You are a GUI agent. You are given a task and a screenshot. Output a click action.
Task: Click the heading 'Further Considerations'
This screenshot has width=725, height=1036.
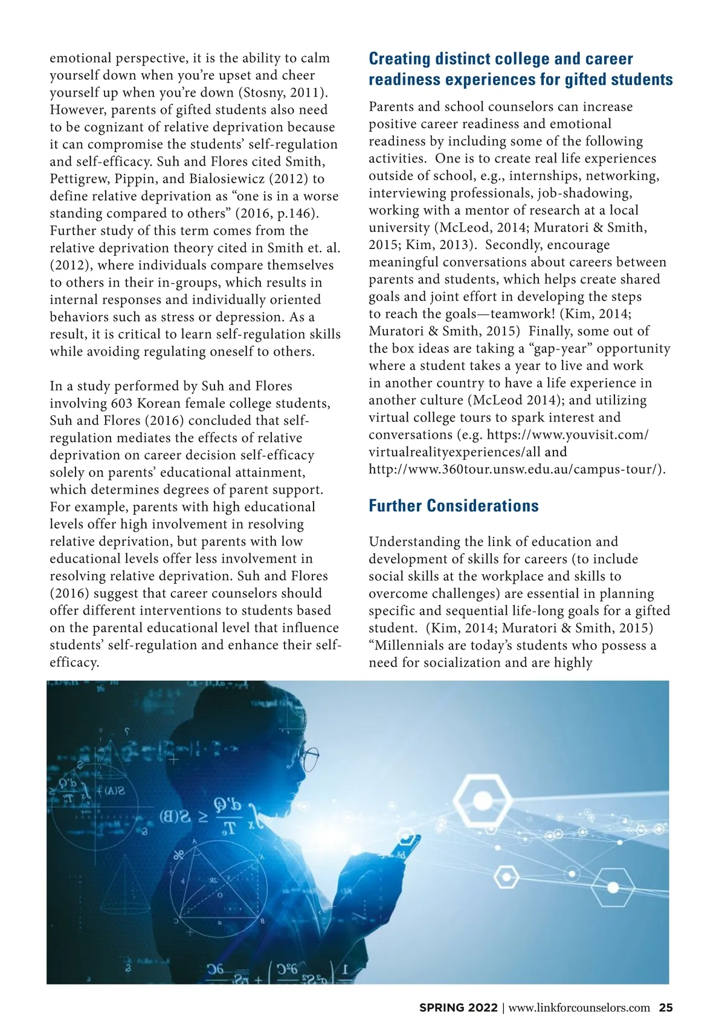point(453,506)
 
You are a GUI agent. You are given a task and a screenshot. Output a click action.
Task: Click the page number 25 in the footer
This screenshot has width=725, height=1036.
point(665,1008)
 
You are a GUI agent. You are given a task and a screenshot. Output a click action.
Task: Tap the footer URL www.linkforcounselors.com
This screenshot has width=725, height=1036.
point(579,1008)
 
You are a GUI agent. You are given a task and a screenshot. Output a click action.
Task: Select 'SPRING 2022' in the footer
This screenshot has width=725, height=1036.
point(459,1008)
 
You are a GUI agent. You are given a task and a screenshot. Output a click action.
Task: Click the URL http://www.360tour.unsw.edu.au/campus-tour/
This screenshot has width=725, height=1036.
point(517,470)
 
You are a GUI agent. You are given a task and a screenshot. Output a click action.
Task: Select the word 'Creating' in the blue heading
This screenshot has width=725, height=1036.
point(399,59)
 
